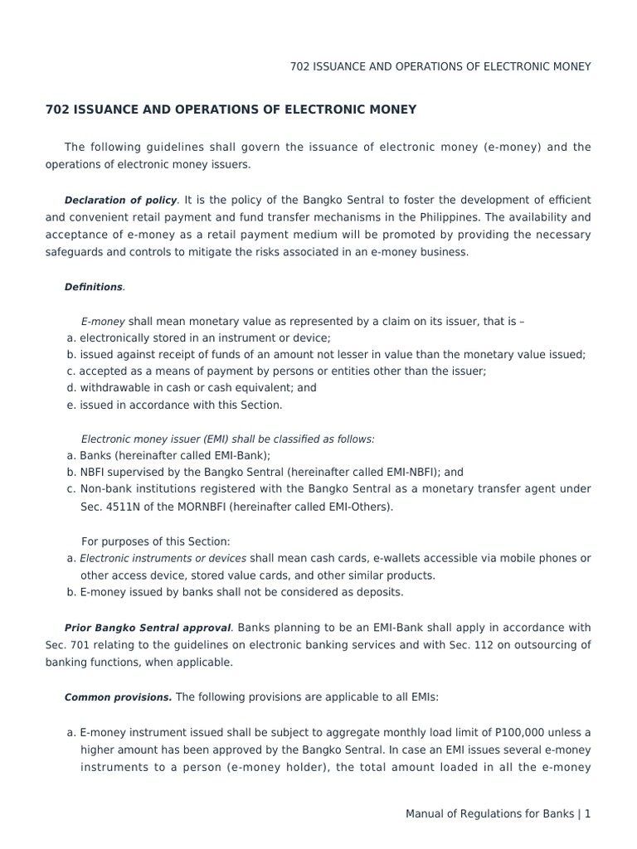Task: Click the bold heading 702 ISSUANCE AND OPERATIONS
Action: point(231,109)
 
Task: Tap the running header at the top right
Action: point(440,66)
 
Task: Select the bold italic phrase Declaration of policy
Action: point(121,200)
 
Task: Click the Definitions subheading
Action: point(94,287)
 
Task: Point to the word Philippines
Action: point(467,217)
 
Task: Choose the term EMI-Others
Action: point(362,507)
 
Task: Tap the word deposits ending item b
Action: point(377,592)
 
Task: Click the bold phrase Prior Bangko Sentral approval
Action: point(148,628)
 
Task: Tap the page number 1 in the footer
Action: point(587,814)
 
